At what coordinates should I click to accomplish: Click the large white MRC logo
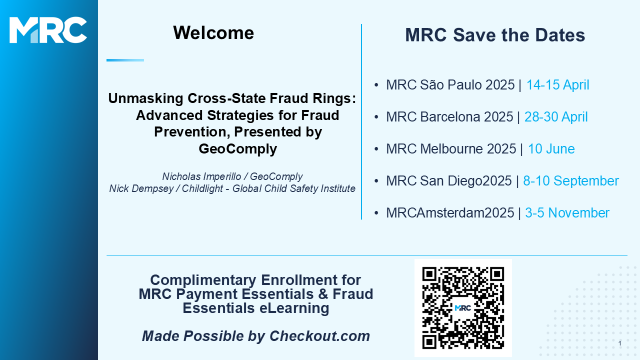coord(48,30)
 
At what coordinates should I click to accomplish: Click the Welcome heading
coord(213,33)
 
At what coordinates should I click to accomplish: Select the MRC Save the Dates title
coord(495,35)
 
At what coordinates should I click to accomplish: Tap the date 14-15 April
coord(557,85)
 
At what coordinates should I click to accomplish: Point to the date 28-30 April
coord(555,117)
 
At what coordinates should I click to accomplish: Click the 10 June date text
coord(551,149)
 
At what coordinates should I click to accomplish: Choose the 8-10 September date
coord(571,181)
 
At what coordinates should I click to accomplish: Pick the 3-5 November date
coord(567,213)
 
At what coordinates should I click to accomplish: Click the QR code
coord(463,307)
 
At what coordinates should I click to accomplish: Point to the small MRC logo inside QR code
coord(463,308)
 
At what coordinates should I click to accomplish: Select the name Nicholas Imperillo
coord(201,176)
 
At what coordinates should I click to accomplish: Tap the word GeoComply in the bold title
coord(237,149)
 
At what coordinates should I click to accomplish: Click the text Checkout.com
coord(319,336)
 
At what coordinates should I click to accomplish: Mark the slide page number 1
coord(620,343)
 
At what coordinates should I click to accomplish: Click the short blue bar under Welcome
coord(125,60)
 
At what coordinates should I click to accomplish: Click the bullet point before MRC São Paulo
coord(376,85)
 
